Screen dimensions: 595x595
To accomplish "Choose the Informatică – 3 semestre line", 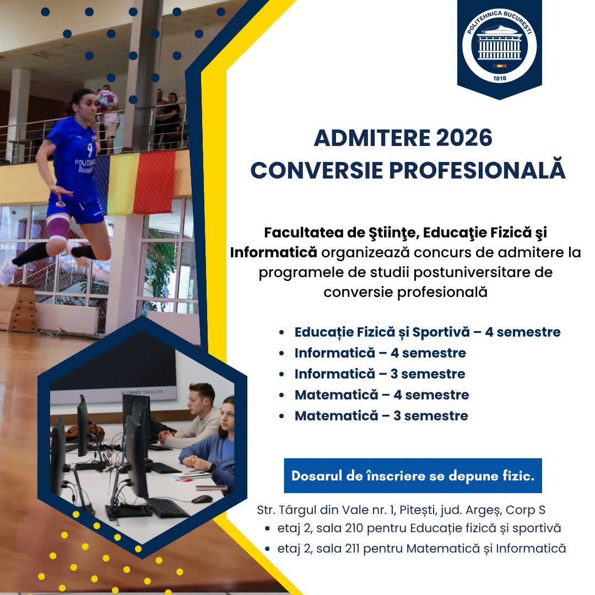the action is [380, 374].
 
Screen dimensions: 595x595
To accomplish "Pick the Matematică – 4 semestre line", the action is [382, 394].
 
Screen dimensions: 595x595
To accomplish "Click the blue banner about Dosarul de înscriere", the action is [413, 475].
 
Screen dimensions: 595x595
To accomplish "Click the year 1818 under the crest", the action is [499, 78].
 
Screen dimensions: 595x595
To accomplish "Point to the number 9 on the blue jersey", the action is [90, 150].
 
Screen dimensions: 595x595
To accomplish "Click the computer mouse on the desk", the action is [202, 499].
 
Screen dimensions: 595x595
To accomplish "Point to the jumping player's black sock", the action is [30, 254].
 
